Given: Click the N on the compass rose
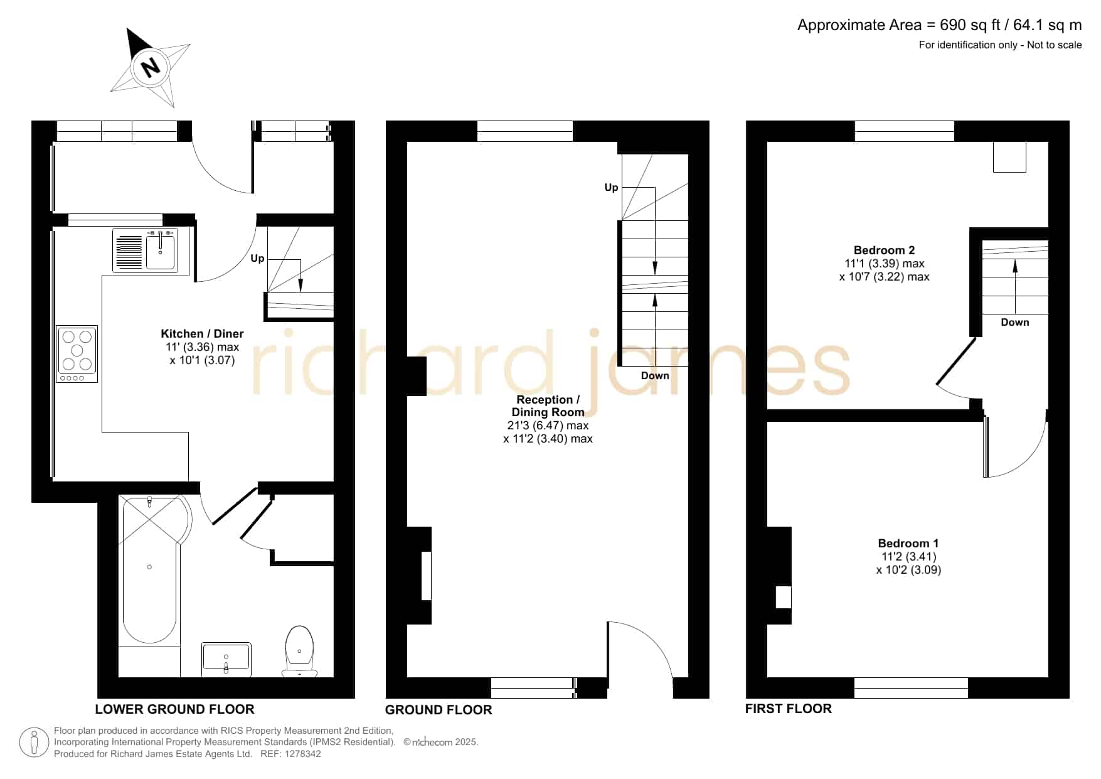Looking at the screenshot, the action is click(x=151, y=66).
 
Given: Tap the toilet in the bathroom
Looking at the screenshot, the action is click(x=299, y=652).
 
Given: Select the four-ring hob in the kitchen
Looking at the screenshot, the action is click(x=77, y=354).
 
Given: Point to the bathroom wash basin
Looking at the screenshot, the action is click(x=226, y=659).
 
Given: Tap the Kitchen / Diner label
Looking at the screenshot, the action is click(x=202, y=334).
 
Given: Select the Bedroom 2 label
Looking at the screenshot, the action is click(x=884, y=250).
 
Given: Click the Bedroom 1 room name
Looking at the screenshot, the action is click(x=908, y=544).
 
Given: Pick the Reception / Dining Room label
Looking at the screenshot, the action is click(x=548, y=406).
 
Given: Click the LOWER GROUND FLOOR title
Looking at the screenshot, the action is click(x=174, y=709).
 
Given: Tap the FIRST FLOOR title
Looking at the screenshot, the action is click(x=788, y=709).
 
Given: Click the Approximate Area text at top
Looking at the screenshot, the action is click(x=939, y=25).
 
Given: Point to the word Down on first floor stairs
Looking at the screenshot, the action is click(x=1014, y=322).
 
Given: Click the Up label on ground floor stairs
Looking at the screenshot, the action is click(x=611, y=188).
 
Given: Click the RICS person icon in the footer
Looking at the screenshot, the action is click(x=34, y=743).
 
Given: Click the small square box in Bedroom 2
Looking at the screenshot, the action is click(x=1009, y=157).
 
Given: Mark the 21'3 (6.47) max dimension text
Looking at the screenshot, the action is click(x=548, y=426).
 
